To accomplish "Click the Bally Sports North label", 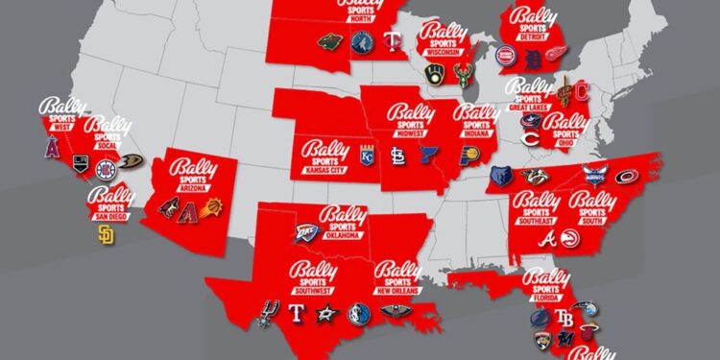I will coord(360,12).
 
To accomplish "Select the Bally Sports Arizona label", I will coord(192,173).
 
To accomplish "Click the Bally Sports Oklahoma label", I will coord(342,222).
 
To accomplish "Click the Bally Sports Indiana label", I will coord(475,119).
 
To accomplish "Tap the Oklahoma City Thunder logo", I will coord(306,233).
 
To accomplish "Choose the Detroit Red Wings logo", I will coord(557,55).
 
